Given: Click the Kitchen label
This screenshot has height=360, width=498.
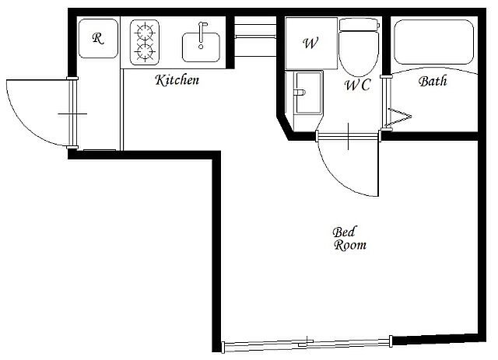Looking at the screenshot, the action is tap(177, 80).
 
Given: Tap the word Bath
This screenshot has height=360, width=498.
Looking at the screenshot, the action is tap(433, 82).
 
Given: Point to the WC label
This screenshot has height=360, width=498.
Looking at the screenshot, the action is tap(358, 85).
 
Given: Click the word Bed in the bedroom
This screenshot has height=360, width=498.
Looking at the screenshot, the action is tap(344, 232).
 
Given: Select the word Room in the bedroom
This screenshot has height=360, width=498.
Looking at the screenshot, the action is tap(350, 245).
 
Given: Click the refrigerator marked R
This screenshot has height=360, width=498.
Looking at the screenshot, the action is tap(98, 38).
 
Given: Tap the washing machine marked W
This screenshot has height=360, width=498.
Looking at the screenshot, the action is tap(311, 44).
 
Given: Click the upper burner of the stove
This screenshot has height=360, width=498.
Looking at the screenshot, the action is tap(145, 32).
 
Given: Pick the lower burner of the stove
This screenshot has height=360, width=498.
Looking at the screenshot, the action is tap(145, 52).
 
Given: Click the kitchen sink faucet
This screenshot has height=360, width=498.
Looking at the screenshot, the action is tap(202, 35).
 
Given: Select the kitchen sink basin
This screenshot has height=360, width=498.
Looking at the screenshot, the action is tap(201, 47).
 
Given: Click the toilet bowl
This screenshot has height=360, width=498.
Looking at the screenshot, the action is tap(359, 54).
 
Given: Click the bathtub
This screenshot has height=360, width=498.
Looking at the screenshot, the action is tap(433, 42).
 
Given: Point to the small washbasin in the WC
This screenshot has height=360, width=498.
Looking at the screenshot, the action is tap(308, 92).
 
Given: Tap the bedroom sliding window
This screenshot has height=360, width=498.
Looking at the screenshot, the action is tap(307, 344).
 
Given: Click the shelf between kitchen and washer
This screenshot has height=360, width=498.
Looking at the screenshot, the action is tap(255, 37).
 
